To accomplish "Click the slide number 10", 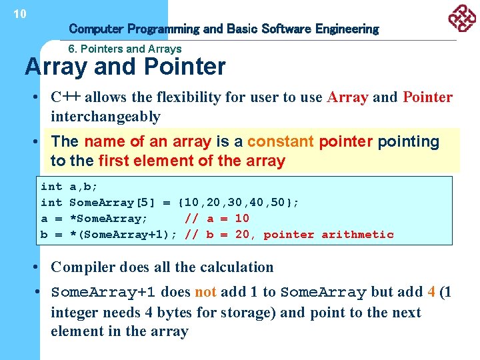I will [20, 13].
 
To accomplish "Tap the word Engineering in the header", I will [347, 29].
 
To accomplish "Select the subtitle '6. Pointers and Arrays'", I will [125, 49].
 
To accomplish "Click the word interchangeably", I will [105, 117].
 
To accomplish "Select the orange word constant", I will [281, 141].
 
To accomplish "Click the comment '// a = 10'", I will [217, 219].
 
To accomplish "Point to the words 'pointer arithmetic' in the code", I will [329, 235].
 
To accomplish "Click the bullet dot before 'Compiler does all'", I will [41, 267].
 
